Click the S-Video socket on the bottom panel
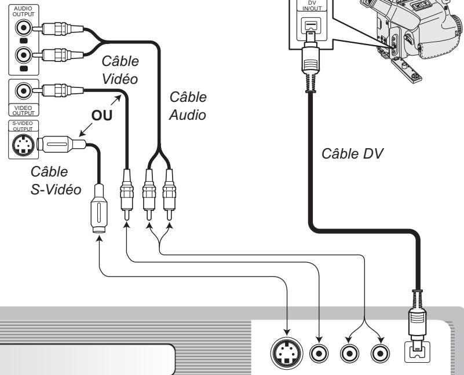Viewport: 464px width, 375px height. tap(287, 352)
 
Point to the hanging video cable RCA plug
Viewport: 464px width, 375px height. tap(126, 197)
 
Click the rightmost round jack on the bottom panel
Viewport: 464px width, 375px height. tap(379, 352)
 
